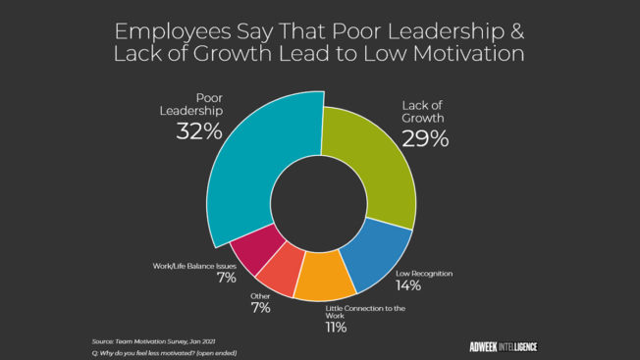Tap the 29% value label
(x=424, y=138)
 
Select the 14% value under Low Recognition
(x=408, y=285)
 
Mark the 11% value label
(x=336, y=327)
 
